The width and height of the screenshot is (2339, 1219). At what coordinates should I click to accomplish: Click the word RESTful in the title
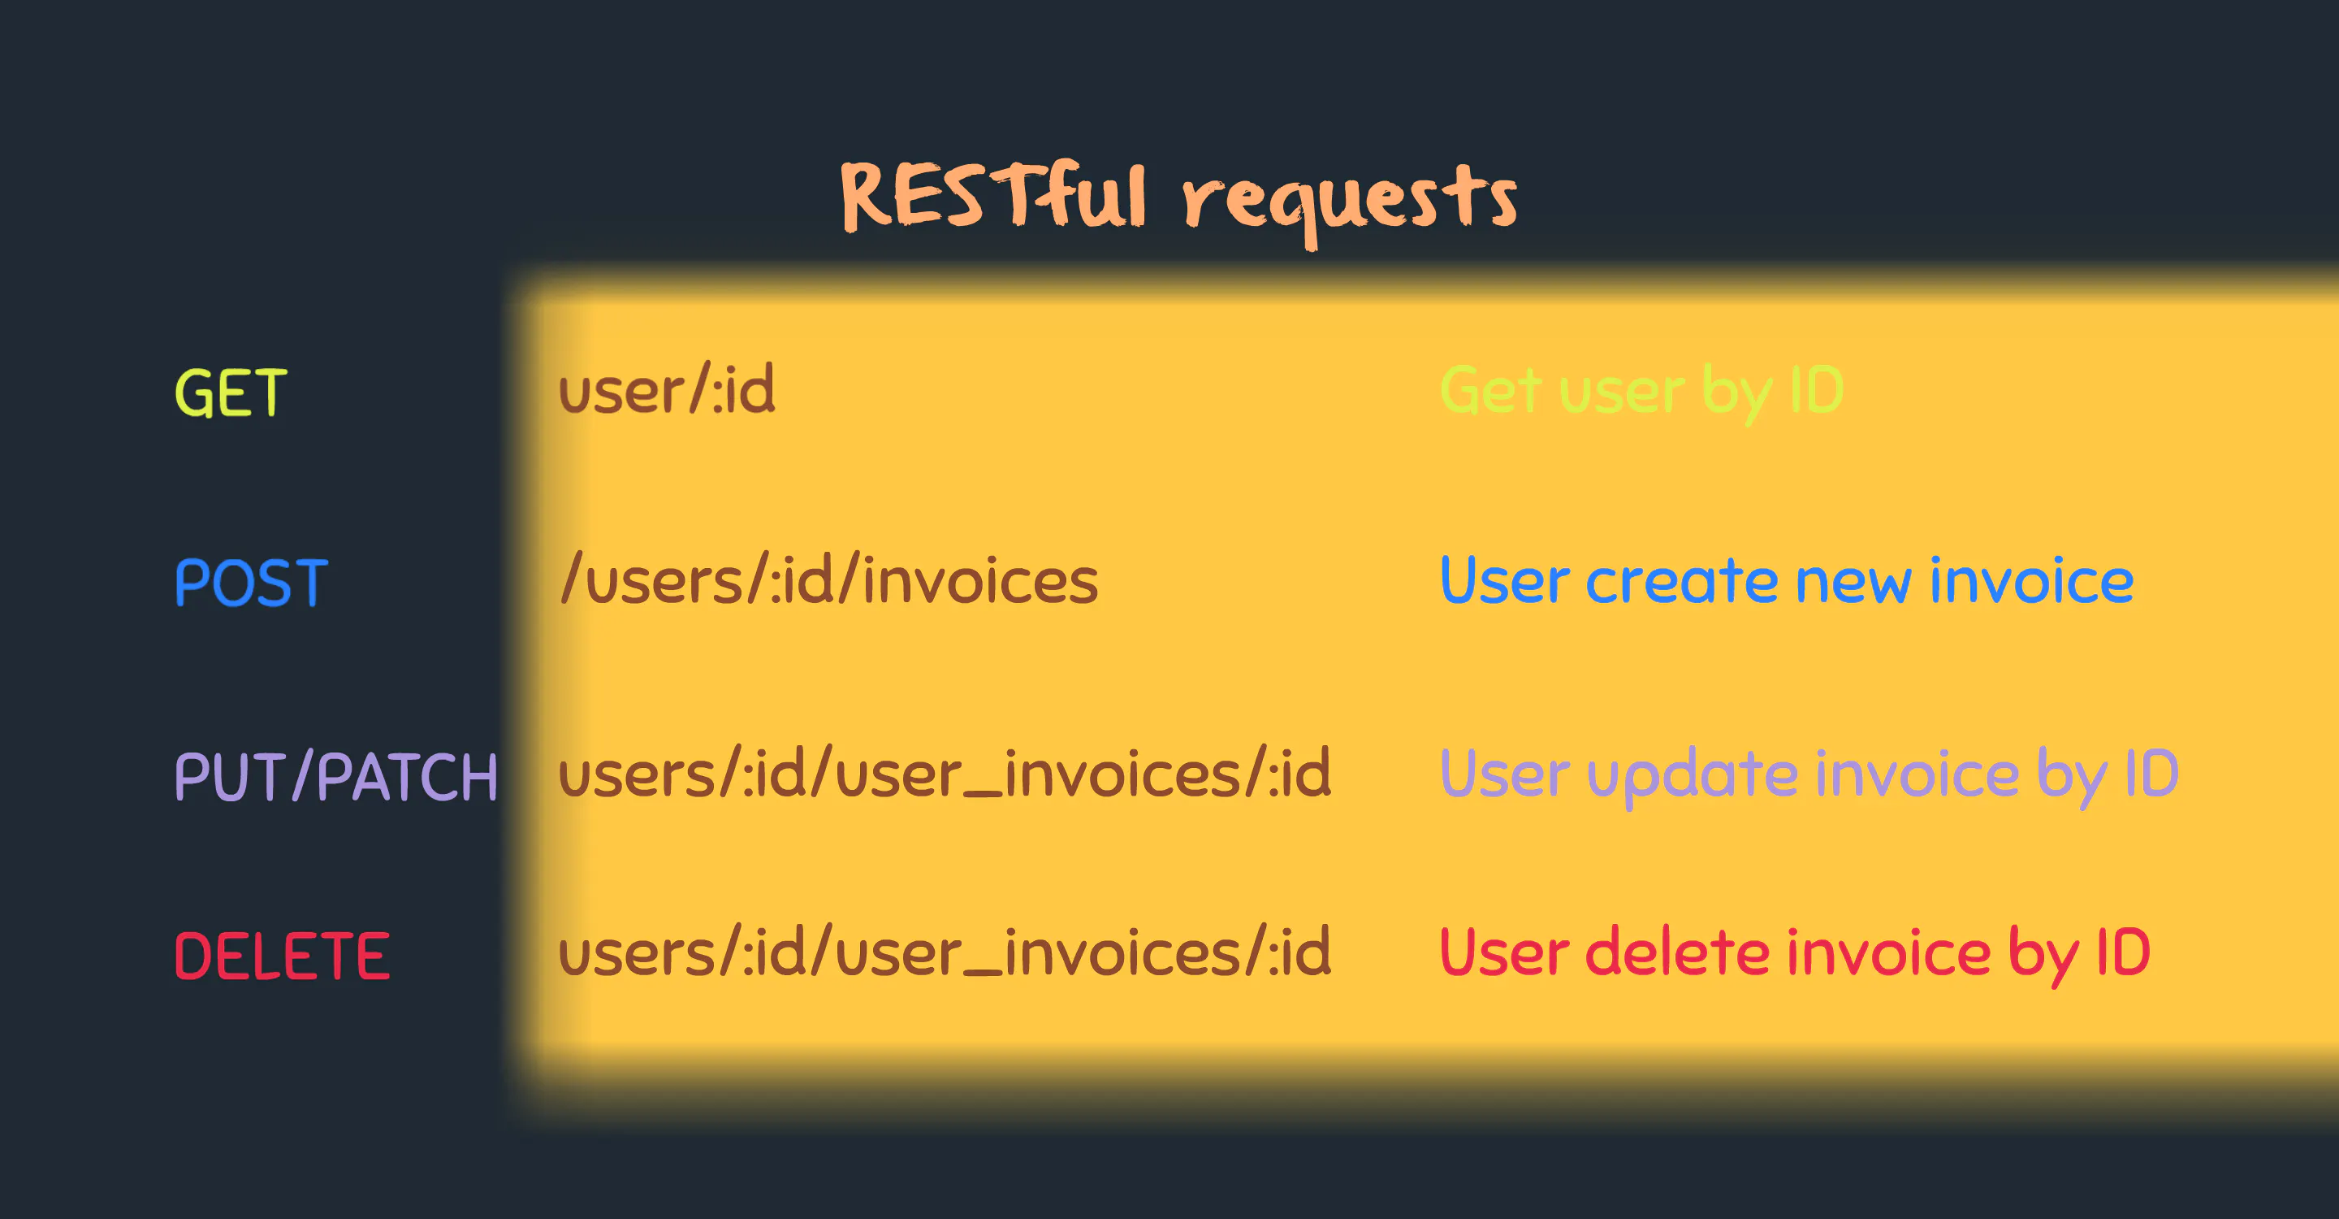pos(992,195)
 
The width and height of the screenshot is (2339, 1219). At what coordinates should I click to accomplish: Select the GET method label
pos(231,393)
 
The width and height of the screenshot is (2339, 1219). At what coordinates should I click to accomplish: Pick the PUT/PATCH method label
pos(336,777)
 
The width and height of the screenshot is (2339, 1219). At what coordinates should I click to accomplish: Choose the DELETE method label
pos(282,957)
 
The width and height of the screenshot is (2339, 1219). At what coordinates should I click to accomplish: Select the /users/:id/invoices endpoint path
pos(829,580)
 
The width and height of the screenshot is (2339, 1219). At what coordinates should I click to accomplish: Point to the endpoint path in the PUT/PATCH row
pos(945,774)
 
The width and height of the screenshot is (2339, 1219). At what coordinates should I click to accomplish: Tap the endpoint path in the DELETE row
pos(945,953)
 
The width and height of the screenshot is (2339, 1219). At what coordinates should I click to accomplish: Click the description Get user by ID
pos(1641,391)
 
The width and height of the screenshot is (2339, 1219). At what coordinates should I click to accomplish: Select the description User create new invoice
pos(1786,580)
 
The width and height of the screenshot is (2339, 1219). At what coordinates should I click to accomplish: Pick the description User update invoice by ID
pos(1809,774)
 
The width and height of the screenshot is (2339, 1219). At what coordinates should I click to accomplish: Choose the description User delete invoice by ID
pos(1794,953)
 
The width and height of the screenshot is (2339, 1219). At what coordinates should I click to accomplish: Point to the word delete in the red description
pos(1678,953)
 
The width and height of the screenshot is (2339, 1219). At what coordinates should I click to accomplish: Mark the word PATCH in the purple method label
pos(407,777)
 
